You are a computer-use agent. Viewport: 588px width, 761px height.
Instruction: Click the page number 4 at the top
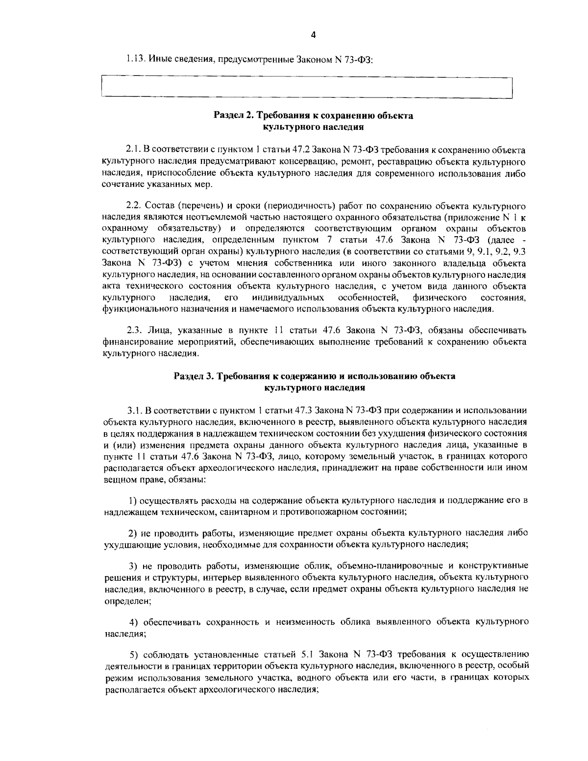314,34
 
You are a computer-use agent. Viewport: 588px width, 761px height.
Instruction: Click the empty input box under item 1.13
306,88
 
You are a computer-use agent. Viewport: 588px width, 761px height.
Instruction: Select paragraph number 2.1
134,149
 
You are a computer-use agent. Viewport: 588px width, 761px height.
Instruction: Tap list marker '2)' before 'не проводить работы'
133,532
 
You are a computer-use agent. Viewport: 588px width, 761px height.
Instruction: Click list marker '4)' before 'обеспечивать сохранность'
133,622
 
